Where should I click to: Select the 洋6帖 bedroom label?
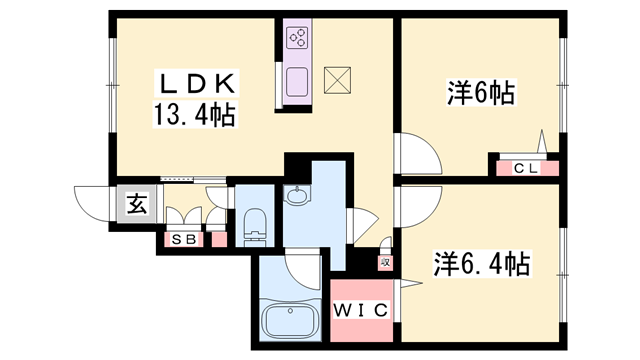click(x=480, y=95)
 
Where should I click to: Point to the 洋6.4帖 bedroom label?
click(x=481, y=265)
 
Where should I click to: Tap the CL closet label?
click(x=526, y=167)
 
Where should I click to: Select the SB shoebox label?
click(x=183, y=239)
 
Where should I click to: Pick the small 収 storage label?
click(x=383, y=262)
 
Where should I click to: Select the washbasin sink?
click(x=297, y=197)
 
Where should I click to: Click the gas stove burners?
click(x=298, y=38)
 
